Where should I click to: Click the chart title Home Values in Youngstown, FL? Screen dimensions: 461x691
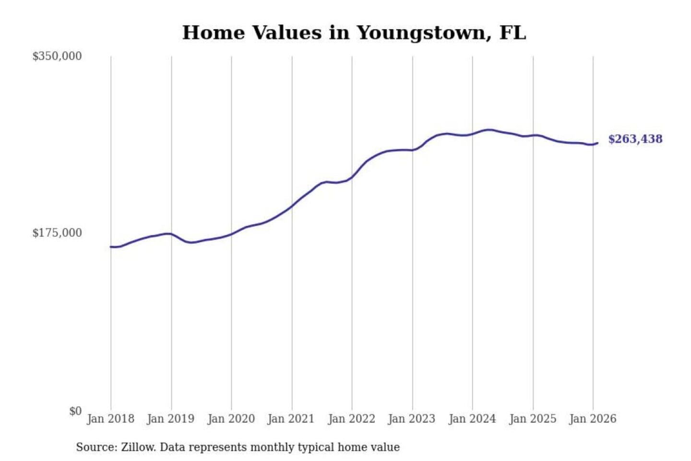[354, 33]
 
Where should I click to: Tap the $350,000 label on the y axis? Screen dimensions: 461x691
[57, 56]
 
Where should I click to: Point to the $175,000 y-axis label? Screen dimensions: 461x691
[57, 233]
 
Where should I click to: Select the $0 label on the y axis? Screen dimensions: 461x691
[75, 411]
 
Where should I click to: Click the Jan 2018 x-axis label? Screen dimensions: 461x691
[110, 419]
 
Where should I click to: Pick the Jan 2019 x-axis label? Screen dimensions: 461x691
[171, 419]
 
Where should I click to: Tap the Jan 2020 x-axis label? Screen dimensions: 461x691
[231, 419]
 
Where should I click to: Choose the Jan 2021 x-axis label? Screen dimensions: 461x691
[291, 419]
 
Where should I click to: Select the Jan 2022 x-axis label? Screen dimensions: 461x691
[351, 419]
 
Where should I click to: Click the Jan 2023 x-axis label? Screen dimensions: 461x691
[411, 419]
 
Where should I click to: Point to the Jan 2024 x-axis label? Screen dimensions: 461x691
[472, 419]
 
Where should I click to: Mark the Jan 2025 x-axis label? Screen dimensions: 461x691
[532, 419]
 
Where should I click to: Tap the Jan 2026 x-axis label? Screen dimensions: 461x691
[592, 419]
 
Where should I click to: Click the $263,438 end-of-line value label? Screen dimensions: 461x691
[635, 139]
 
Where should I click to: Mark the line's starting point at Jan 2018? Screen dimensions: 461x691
[111, 247]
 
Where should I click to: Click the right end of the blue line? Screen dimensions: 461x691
[597, 143]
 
